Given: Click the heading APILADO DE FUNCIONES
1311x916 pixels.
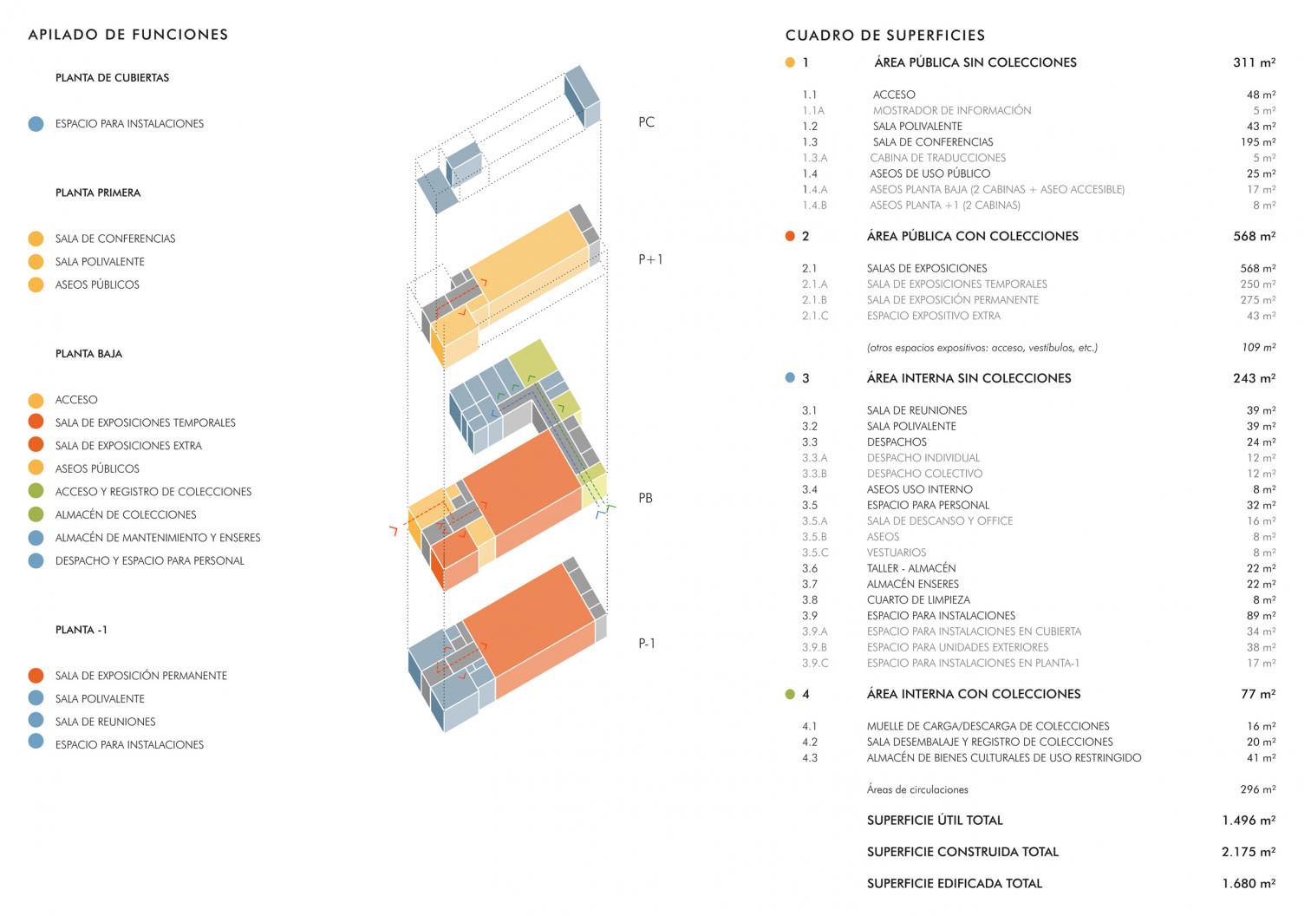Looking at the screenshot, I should click(x=128, y=35).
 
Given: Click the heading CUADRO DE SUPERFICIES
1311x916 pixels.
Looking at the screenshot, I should click(x=885, y=36).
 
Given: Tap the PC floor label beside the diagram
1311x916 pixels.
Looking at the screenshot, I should click(x=646, y=122).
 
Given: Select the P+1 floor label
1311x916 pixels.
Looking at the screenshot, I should click(x=650, y=259).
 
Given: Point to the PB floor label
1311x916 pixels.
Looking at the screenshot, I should click(x=645, y=498).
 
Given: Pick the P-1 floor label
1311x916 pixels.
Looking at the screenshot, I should click(x=647, y=644).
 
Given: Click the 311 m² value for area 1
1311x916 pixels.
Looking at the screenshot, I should click(x=1254, y=62).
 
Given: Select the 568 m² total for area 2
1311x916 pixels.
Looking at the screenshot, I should click(x=1254, y=236).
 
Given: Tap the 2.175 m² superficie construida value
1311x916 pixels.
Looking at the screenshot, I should click(x=1249, y=852).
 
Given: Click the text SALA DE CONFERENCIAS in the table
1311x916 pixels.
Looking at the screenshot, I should click(x=933, y=142).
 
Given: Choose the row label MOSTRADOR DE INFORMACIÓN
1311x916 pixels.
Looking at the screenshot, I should click(x=952, y=111).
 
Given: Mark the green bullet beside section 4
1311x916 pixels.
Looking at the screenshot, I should click(x=790, y=694).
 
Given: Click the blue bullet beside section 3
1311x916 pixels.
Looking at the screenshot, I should click(x=790, y=378).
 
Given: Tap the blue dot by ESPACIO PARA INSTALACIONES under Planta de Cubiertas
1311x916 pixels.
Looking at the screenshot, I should click(x=36, y=124).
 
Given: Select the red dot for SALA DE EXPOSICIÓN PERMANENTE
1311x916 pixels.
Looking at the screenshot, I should click(x=36, y=676).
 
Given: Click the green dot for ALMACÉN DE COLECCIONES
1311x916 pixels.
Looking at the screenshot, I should click(x=36, y=514).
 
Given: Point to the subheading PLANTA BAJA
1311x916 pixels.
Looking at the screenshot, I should click(x=88, y=354).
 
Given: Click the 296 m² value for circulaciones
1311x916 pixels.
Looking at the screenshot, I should click(x=1257, y=789).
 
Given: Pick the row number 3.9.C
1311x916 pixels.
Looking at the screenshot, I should click(x=815, y=664).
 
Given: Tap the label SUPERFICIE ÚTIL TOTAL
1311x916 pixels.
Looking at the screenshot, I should click(x=935, y=821).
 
